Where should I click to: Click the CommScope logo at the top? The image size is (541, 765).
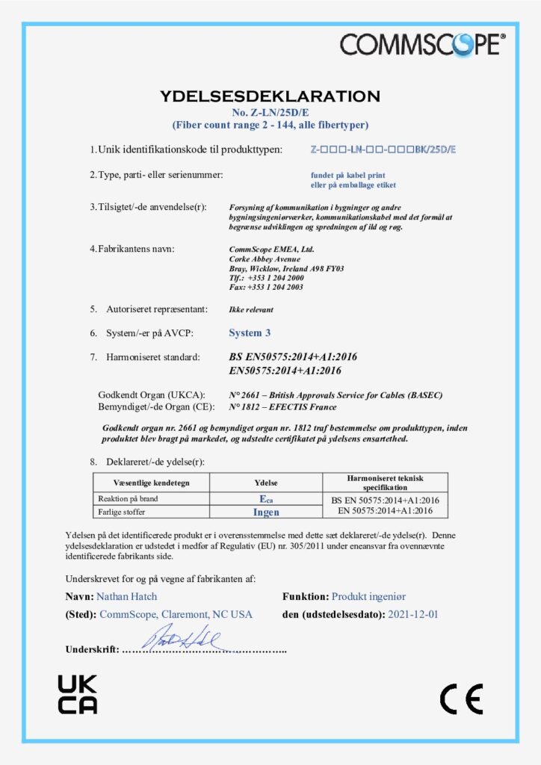click(423, 44)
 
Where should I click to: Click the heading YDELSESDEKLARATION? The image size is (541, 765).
click(270, 96)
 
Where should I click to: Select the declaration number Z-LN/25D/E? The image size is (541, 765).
click(270, 112)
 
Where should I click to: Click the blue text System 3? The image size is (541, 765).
click(250, 332)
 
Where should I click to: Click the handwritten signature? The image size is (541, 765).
click(181, 639)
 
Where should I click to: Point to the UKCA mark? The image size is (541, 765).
click(78, 693)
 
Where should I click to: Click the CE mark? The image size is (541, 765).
click(461, 699)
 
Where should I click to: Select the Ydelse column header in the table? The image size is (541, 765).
click(266, 483)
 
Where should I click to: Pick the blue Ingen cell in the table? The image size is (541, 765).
click(266, 512)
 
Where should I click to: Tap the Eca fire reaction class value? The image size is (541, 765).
click(266, 498)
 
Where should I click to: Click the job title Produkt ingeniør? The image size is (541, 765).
click(368, 596)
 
